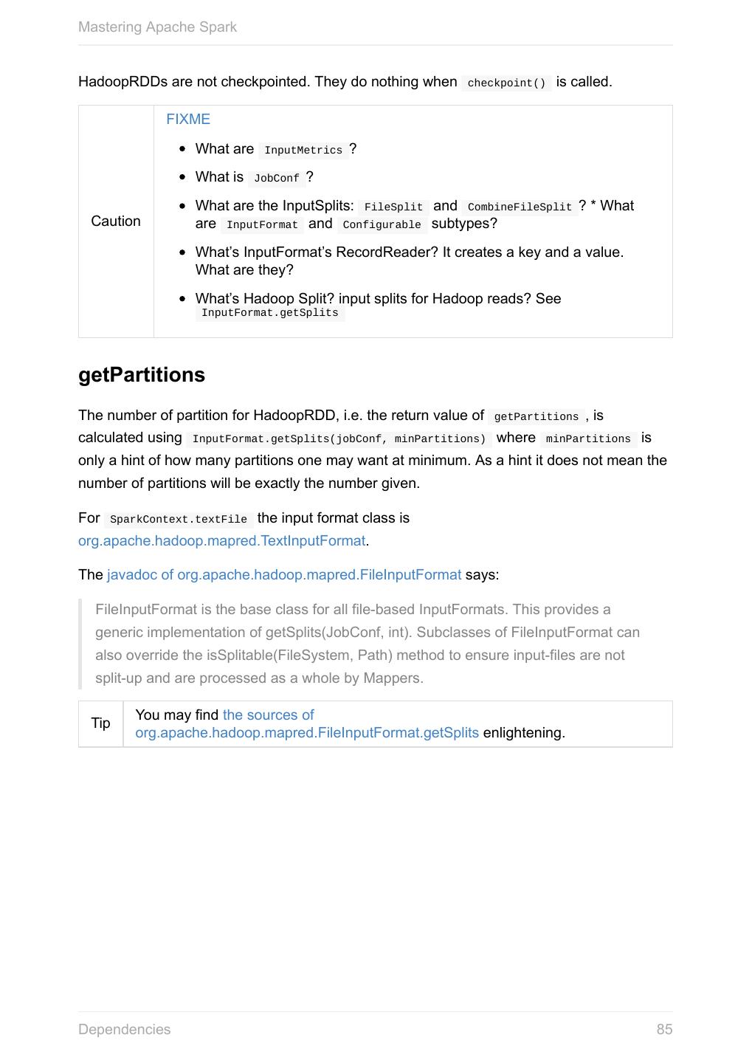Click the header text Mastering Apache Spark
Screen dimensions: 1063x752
(x=157, y=27)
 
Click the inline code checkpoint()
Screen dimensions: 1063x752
(x=506, y=83)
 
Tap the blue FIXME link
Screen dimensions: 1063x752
(x=188, y=120)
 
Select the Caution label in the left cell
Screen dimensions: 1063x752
(x=116, y=221)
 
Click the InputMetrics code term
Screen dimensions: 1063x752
(x=303, y=151)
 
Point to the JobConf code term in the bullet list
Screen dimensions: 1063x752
(x=276, y=179)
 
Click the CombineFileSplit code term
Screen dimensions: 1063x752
(x=520, y=207)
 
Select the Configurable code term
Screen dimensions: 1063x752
(x=382, y=225)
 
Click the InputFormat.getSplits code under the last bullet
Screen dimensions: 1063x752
(x=269, y=313)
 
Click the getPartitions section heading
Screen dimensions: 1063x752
(x=142, y=375)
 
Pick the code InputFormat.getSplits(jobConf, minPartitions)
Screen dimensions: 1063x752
(x=339, y=439)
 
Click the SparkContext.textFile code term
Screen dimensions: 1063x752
(x=178, y=520)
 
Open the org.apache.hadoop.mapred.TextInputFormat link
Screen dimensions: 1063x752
(x=221, y=541)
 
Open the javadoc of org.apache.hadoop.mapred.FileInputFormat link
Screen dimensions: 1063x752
(x=284, y=575)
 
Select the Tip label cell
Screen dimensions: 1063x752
(x=101, y=723)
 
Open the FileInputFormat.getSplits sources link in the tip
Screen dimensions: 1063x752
(x=306, y=733)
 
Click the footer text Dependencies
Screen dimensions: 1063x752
(x=124, y=1030)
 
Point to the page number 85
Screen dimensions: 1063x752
(x=664, y=1030)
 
